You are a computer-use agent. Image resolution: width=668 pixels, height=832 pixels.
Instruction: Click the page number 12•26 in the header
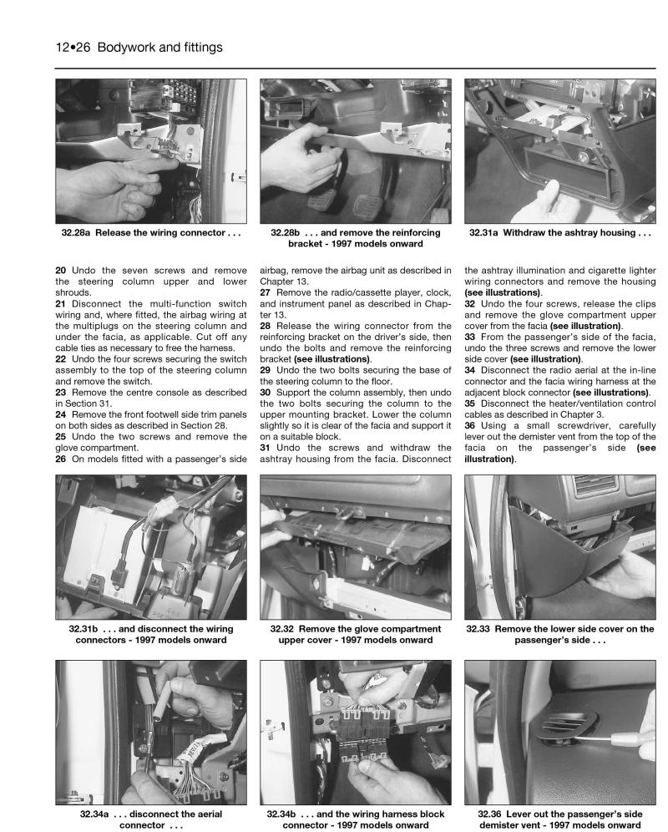(74, 48)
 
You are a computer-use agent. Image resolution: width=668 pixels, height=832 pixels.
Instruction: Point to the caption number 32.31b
(86, 629)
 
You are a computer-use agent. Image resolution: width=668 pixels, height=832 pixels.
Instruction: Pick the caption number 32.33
(493, 629)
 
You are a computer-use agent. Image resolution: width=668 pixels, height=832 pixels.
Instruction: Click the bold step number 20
(61, 270)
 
